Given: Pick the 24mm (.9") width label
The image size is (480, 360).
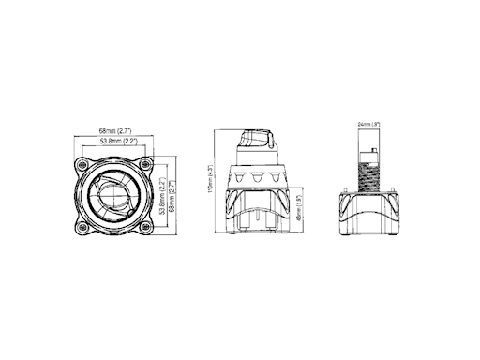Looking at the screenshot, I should [x=367, y=124].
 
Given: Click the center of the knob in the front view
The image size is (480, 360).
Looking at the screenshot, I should [x=114, y=195].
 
